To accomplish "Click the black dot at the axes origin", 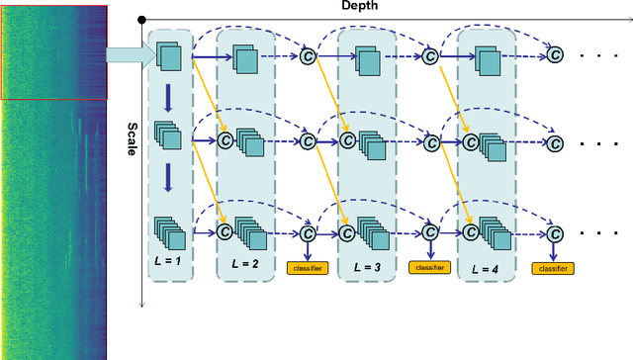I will [x=142, y=19].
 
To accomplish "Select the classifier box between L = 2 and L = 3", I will [x=307, y=267].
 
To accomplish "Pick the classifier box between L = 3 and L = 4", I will [x=430, y=267].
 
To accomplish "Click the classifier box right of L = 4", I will [x=554, y=267].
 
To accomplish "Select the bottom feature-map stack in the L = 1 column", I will [x=169, y=233].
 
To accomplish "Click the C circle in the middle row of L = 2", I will [x=225, y=140].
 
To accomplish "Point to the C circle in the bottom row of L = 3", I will [x=346, y=234].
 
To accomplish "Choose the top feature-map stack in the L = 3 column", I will [x=368, y=62].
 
